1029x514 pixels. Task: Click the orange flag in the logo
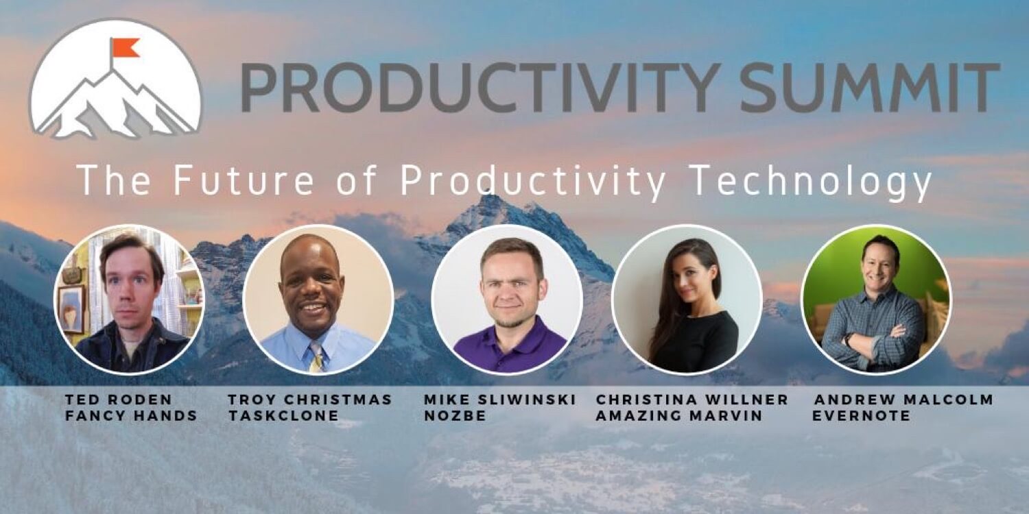(x=125, y=48)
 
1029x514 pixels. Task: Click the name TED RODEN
(x=119, y=400)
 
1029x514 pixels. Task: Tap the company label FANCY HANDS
(x=132, y=416)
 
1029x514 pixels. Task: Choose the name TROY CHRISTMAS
(x=310, y=400)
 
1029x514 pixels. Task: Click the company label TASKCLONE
(x=283, y=416)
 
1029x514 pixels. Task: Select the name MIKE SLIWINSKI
(x=500, y=400)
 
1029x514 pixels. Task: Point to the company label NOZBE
(x=455, y=416)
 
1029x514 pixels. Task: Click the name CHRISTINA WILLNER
(x=691, y=400)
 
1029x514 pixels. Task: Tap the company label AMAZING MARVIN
(x=679, y=416)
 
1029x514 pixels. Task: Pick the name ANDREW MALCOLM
(x=904, y=400)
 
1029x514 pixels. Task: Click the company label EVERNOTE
(x=862, y=416)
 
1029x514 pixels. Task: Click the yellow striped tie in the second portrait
(x=318, y=357)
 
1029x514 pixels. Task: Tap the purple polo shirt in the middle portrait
(x=509, y=347)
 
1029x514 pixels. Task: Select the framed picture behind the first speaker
(x=72, y=309)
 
